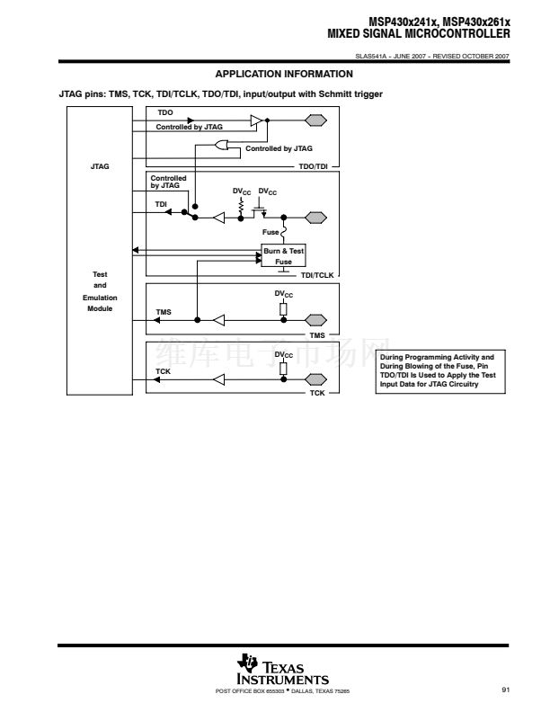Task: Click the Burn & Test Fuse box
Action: coord(283,255)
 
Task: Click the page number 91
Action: coord(506,690)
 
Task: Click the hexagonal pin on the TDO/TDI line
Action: coord(315,120)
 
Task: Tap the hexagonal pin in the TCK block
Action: coord(315,378)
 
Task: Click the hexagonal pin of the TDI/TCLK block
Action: coord(315,217)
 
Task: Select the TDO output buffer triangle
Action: coord(256,120)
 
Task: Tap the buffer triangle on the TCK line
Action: coord(217,378)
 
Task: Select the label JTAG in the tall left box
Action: coord(101,166)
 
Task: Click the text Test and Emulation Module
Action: coord(101,291)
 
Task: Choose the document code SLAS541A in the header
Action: coord(370,58)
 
